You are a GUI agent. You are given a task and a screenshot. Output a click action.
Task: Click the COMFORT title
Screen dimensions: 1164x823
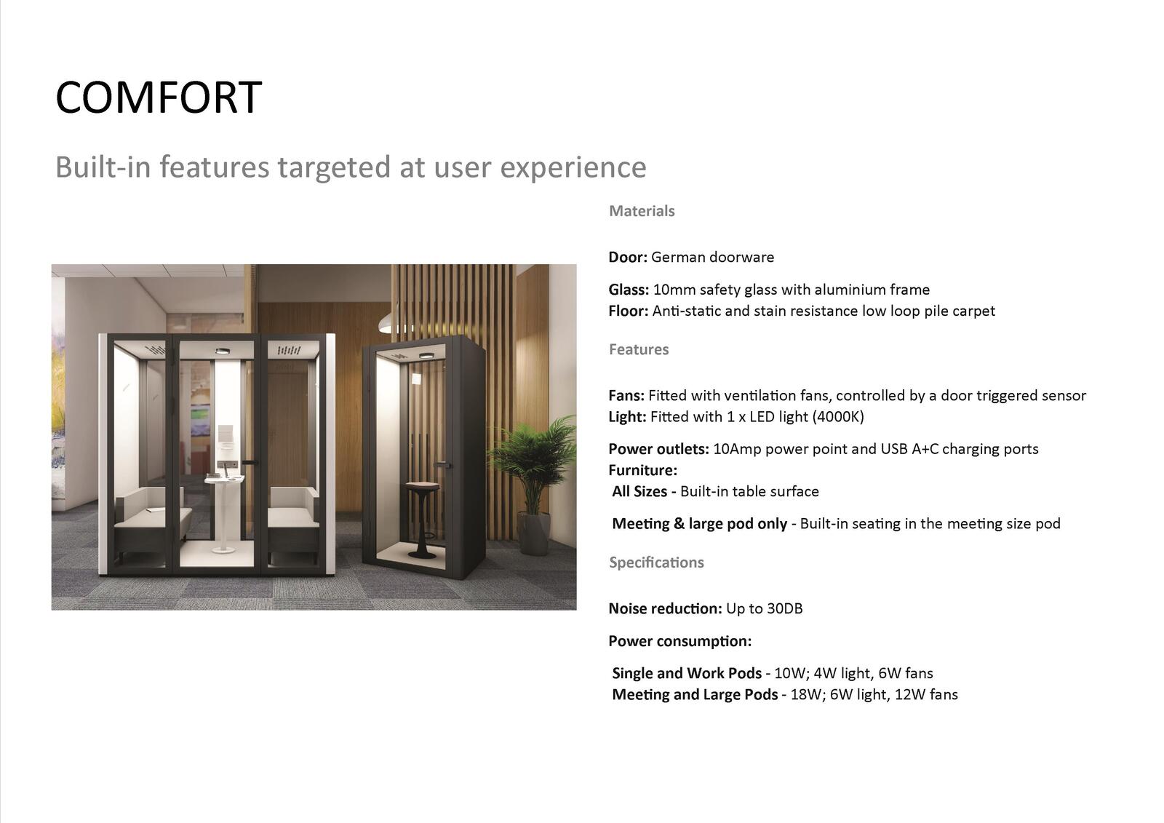[159, 98]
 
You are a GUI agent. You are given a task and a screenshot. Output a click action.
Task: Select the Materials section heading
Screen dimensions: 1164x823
[642, 211]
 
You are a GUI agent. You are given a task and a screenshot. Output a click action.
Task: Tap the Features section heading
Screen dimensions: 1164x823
[639, 349]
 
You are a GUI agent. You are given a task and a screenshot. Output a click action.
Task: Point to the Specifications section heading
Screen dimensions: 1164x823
[656, 562]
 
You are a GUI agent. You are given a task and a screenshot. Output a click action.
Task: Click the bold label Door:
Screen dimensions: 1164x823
[628, 258]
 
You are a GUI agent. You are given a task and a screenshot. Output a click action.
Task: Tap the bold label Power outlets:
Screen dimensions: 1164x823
[658, 449]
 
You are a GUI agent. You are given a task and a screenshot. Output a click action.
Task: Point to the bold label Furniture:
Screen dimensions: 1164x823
[643, 471]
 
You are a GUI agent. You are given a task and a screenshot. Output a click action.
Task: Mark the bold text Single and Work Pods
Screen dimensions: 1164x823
[687, 673]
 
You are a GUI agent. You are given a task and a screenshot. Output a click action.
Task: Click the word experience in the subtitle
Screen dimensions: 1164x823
[573, 167]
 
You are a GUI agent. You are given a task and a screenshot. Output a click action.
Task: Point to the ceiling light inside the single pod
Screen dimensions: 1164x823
[427, 356]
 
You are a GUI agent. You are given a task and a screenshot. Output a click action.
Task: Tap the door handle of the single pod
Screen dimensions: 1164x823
[442, 465]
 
